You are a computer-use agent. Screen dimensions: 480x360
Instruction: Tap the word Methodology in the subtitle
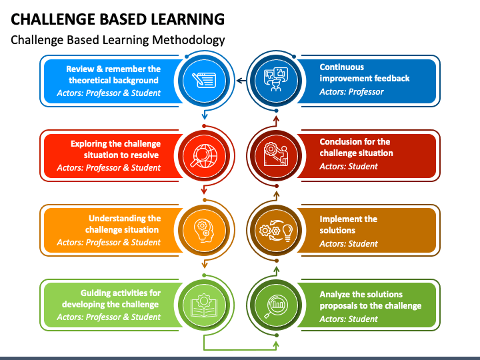pyautogui.click(x=189, y=40)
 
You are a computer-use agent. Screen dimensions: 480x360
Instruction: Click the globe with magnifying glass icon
pyautogui.click(x=204, y=155)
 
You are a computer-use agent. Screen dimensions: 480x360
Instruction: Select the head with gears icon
pyautogui.click(x=204, y=231)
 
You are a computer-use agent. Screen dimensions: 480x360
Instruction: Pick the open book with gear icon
pyautogui.click(x=204, y=305)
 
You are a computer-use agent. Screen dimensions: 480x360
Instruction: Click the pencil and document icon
pyautogui.click(x=204, y=80)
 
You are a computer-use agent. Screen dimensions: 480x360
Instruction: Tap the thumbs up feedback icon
pyautogui.click(x=276, y=79)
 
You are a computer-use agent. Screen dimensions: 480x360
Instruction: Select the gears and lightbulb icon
pyautogui.click(x=276, y=231)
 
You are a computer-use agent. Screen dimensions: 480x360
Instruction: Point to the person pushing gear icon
pyautogui.click(x=276, y=155)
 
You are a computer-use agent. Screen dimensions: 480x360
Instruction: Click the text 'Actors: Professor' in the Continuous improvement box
pyautogui.click(x=351, y=92)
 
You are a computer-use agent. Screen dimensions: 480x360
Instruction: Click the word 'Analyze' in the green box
pyautogui.click(x=335, y=295)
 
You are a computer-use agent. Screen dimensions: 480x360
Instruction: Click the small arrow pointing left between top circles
pyautogui.click(x=241, y=81)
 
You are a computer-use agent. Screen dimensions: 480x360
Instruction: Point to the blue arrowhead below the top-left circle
pyautogui.click(x=205, y=116)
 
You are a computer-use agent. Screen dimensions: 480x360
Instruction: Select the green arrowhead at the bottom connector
pyautogui.click(x=276, y=345)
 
